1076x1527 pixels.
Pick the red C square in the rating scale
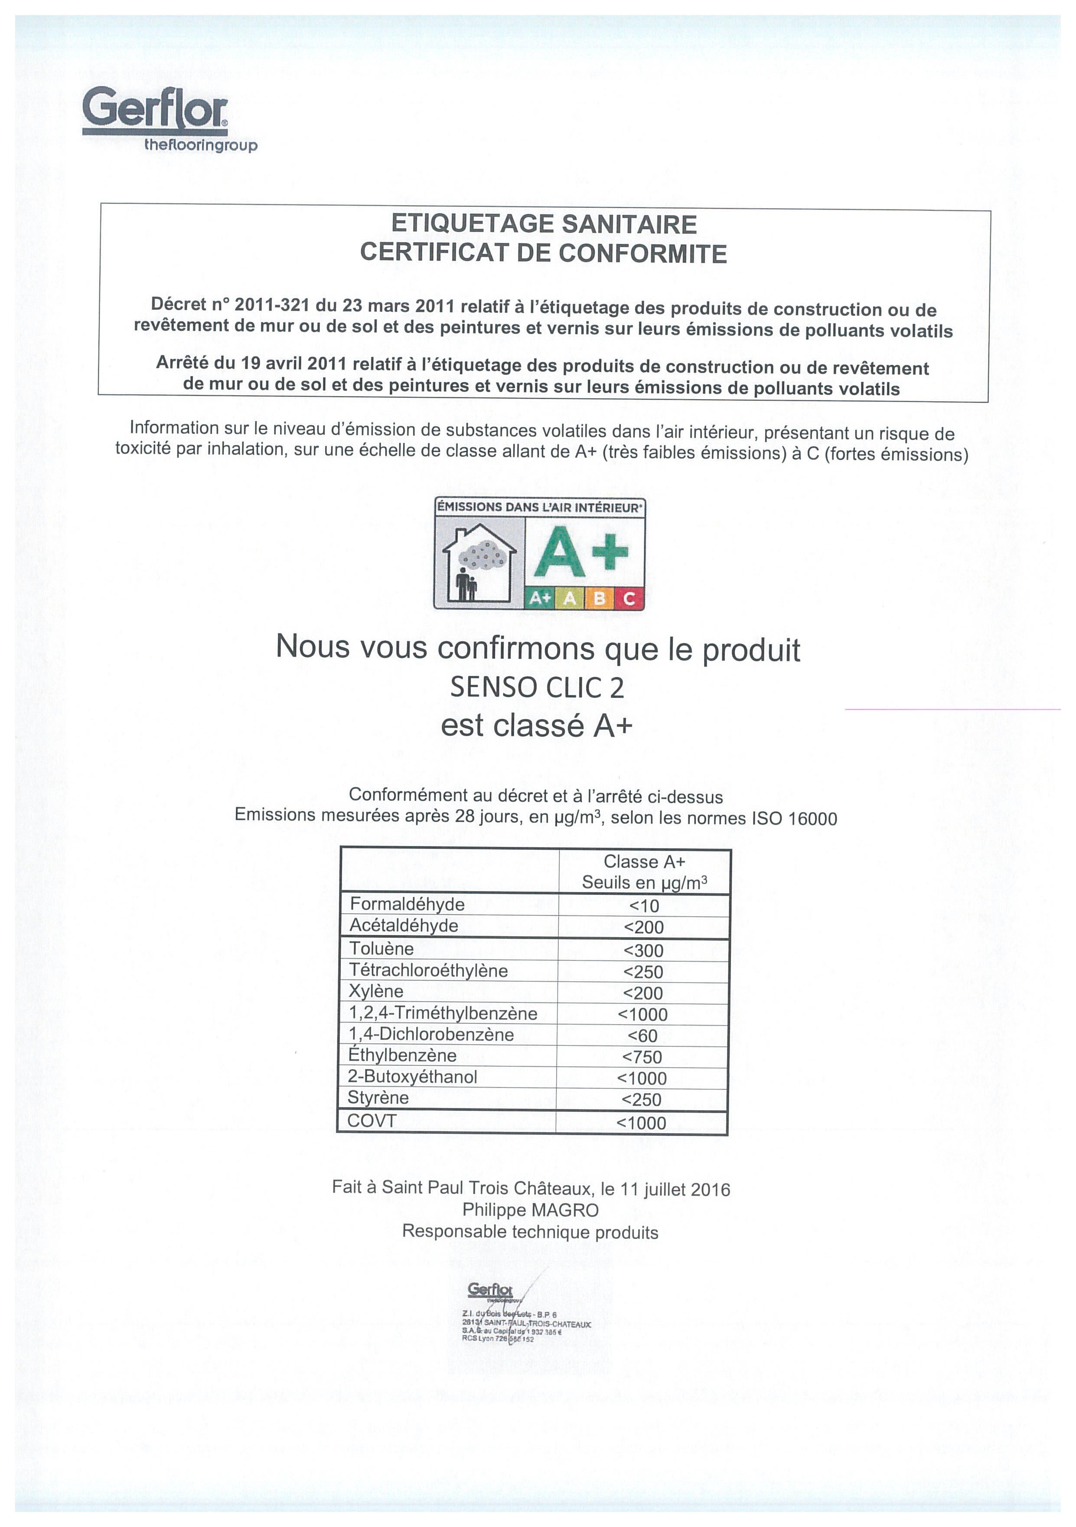pos(629,599)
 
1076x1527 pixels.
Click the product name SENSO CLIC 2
pos(537,688)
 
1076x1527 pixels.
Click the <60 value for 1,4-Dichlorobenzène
pos(642,1035)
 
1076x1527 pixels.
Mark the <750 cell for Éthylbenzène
pos(642,1057)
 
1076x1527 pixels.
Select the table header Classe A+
pos(644,862)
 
